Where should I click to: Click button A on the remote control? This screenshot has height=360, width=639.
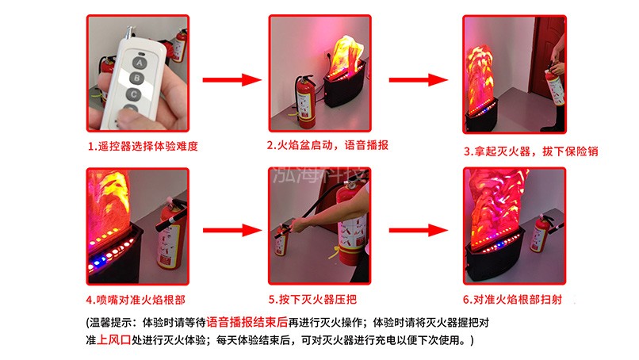[x=140, y=60]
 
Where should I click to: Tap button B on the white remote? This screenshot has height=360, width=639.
[x=137, y=78]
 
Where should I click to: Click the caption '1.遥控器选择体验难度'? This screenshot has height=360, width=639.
[x=142, y=147]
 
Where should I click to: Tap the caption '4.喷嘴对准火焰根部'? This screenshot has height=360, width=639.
[x=137, y=300]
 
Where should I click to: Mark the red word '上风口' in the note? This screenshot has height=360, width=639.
[x=114, y=339]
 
